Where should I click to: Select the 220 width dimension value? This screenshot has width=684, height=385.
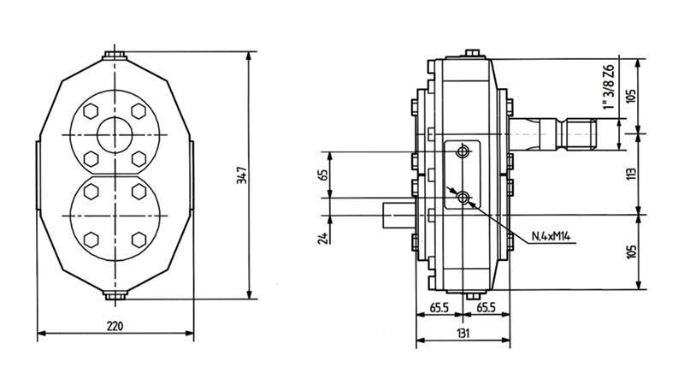[x=115, y=326]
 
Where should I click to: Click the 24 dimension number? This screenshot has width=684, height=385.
[x=323, y=236]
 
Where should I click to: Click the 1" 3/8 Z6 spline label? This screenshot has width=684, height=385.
[x=608, y=87]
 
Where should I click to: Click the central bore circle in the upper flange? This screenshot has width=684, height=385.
[x=115, y=134]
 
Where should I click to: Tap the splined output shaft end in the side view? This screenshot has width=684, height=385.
[x=590, y=133]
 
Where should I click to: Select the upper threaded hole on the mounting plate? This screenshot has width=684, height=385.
[x=463, y=152]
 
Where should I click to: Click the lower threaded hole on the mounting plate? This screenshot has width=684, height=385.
[x=463, y=198]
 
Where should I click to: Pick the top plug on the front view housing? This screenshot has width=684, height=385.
[x=115, y=56]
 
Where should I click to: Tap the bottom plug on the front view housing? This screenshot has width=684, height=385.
[x=115, y=296]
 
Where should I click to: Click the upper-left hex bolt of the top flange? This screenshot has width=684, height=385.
[x=91, y=112]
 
